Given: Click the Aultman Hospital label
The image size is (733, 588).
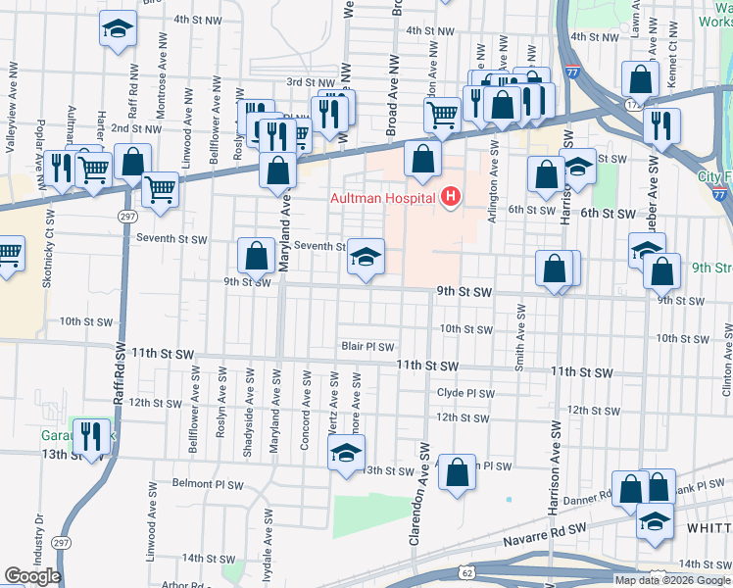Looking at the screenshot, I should click(x=383, y=200).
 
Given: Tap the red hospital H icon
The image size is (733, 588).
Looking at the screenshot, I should click(x=451, y=199).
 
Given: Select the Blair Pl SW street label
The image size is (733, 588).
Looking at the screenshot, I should click(x=367, y=347).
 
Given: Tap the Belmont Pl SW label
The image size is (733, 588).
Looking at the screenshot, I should click(x=206, y=483).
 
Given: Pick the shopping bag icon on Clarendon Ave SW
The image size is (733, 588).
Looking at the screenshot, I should click(x=457, y=473).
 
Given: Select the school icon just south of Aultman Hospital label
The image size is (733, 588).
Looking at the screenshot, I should click(x=366, y=257).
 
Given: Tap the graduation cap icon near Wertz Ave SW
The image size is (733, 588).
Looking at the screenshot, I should click(x=346, y=454).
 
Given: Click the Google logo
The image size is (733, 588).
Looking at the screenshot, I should click(x=32, y=576).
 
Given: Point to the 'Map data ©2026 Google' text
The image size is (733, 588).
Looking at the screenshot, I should click(x=672, y=580).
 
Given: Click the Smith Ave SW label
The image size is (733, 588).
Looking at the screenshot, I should click(x=519, y=337).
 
